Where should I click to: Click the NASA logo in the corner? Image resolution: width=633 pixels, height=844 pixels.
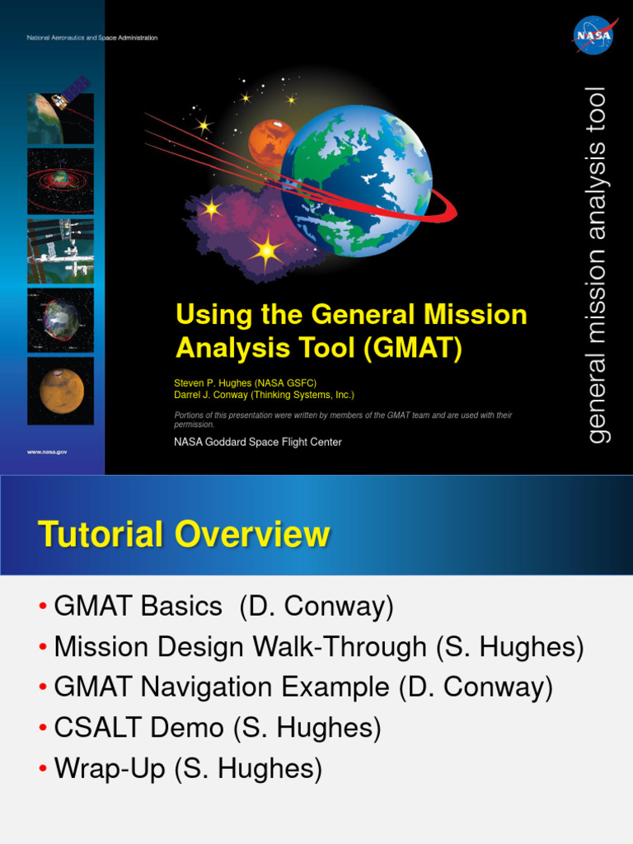(595, 35)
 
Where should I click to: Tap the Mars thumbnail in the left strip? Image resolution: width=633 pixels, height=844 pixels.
(60, 391)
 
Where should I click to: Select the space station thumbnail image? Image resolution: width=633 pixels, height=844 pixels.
(60, 251)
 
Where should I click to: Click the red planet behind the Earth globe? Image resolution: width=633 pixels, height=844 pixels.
(270, 143)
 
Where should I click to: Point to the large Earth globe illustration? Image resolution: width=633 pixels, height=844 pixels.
(356, 181)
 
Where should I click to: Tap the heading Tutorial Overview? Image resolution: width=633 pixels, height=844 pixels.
(184, 534)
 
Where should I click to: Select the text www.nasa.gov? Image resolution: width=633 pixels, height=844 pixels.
(47, 452)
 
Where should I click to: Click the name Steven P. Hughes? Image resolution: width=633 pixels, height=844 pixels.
(213, 383)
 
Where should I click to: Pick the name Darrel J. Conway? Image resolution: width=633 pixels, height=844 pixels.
(210, 395)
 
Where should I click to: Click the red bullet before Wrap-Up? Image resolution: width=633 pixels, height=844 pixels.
(43, 769)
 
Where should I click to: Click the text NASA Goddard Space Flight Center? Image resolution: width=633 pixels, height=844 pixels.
(258, 442)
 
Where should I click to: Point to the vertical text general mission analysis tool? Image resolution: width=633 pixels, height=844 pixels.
(598, 265)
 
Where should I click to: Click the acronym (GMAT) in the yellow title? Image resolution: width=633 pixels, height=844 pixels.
(413, 348)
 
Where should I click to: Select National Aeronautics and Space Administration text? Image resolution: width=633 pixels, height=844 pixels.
(92, 38)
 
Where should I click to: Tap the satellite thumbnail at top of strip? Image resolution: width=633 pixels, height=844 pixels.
(60, 110)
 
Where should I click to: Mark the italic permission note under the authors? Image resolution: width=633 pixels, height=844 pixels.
(343, 420)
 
